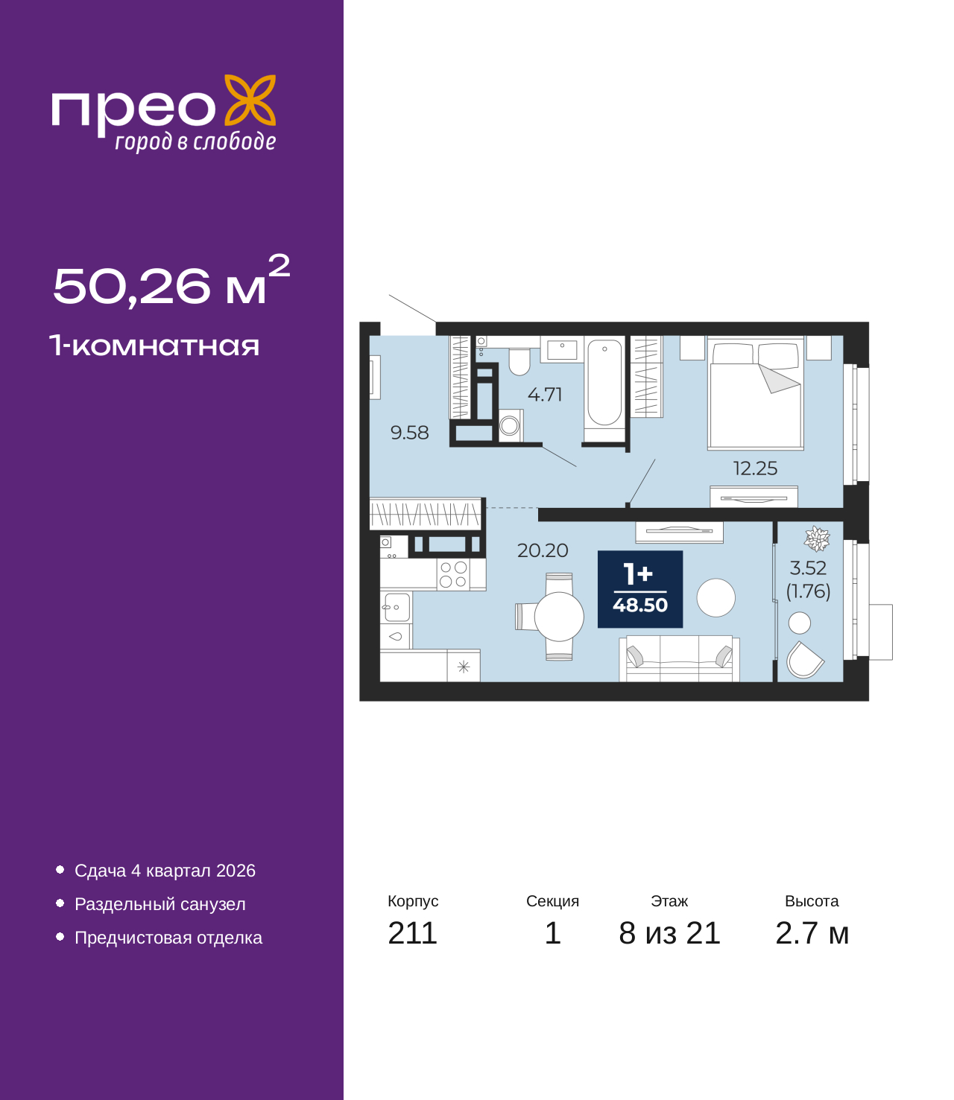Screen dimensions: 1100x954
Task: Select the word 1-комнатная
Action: (x=154, y=346)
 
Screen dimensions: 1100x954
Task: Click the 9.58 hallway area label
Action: (x=409, y=433)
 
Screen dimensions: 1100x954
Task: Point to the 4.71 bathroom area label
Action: (x=545, y=395)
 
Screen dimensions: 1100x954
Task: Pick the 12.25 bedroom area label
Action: (x=755, y=468)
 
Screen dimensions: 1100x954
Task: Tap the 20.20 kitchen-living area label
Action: (x=543, y=550)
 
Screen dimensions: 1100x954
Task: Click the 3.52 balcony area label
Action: (x=808, y=568)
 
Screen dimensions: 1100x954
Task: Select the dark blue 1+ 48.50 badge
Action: (x=640, y=589)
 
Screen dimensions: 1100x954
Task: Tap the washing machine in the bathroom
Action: (x=511, y=426)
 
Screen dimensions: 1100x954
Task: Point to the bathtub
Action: (x=604, y=384)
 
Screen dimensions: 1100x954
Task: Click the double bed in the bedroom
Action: (x=756, y=395)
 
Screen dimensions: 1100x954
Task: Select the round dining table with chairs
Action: (x=558, y=617)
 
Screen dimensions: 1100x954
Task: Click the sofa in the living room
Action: (x=679, y=659)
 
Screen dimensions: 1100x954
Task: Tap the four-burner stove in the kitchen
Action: (x=453, y=575)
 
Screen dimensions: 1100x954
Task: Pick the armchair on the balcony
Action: (x=804, y=660)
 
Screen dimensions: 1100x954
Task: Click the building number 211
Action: (x=412, y=933)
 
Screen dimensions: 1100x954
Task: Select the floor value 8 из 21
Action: (x=669, y=933)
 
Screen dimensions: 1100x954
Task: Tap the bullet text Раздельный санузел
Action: (x=160, y=904)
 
